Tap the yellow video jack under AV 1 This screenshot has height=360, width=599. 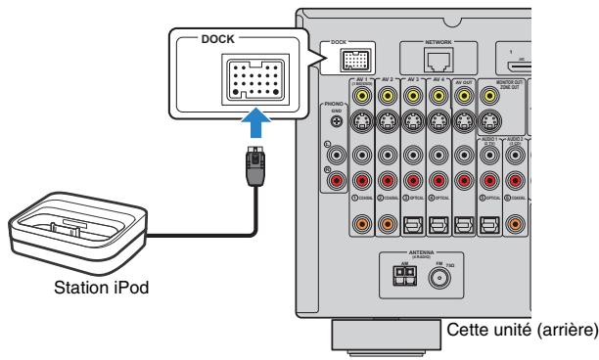pyautogui.click(x=362, y=96)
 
